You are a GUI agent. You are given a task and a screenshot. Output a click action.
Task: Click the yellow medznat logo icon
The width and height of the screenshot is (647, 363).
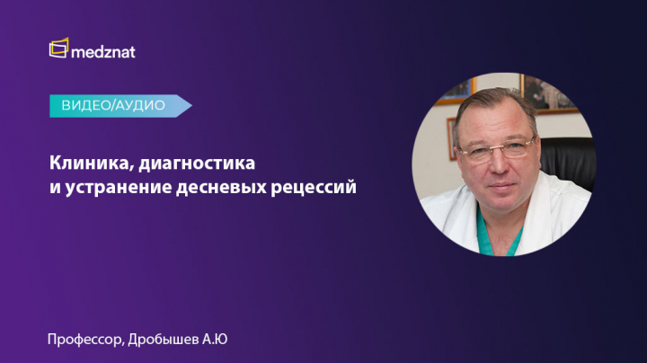(x=59, y=49)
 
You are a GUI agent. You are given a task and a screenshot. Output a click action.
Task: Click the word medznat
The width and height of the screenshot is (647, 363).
(x=103, y=52)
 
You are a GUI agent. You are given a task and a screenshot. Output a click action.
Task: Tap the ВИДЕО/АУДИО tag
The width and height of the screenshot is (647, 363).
(x=120, y=106)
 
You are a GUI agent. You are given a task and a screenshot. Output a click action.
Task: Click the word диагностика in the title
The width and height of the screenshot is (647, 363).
(x=197, y=164)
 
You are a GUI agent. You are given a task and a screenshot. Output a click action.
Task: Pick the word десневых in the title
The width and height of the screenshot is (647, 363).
(x=221, y=187)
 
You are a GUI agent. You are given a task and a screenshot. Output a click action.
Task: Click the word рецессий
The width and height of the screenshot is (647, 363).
(x=314, y=188)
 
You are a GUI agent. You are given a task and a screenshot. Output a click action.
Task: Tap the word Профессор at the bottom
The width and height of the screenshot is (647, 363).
(x=85, y=340)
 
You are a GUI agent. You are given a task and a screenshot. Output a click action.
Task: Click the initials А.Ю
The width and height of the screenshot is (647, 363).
(x=215, y=339)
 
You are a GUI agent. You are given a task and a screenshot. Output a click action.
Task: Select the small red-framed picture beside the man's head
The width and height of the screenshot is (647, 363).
(x=451, y=138)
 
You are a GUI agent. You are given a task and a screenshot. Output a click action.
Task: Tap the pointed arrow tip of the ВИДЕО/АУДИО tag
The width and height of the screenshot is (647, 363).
(x=192, y=106)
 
